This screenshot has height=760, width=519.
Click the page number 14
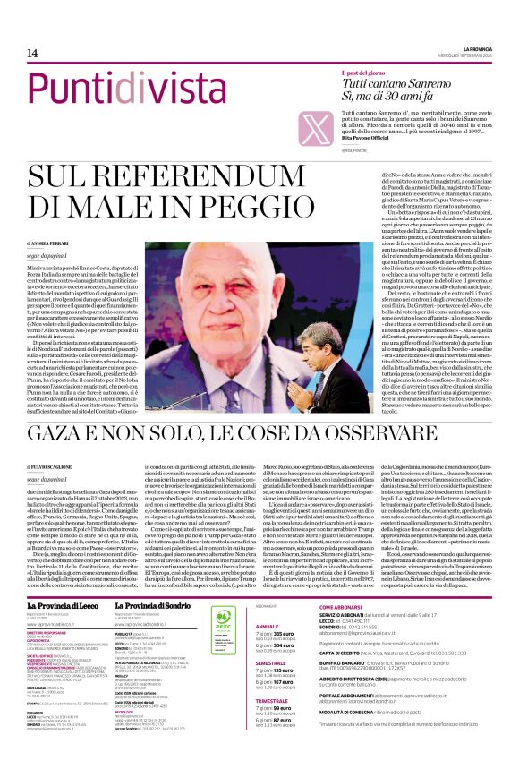[19, 55]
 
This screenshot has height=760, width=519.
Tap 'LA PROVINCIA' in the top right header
[484, 49]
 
